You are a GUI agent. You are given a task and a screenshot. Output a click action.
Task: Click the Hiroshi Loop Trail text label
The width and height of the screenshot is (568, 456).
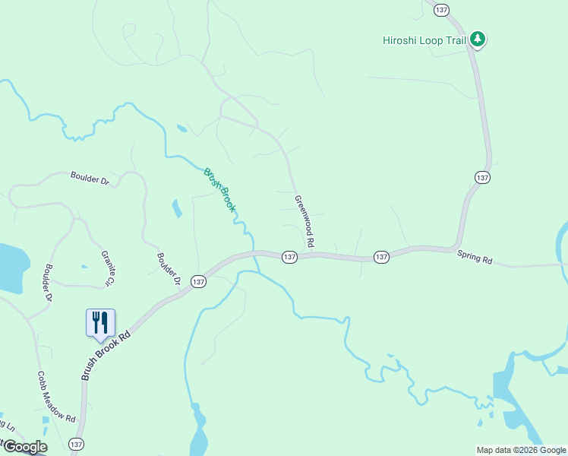(424, 40)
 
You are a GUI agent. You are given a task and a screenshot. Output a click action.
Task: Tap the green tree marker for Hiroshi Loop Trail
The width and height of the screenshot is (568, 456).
(477, 39)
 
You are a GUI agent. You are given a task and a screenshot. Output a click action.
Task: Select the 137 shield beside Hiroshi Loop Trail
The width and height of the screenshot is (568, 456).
(442, 9)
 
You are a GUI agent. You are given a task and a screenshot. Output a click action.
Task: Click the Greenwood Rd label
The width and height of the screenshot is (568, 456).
(305, 220)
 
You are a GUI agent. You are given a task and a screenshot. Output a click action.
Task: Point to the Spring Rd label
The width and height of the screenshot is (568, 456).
(475, 258)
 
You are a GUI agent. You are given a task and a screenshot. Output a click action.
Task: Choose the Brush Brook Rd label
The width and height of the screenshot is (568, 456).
(106, 356)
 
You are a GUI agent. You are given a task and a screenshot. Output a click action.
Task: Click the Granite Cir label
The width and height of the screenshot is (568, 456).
(110, 270)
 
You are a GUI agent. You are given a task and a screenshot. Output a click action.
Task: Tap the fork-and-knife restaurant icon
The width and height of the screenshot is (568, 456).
(100, 323)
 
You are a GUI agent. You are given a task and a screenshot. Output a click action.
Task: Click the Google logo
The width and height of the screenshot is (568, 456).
(24, 447)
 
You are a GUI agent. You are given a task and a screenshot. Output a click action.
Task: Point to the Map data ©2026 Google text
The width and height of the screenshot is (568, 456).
(522, 450)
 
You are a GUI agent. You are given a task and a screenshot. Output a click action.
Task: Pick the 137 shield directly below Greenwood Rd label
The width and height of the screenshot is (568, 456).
(289, 258)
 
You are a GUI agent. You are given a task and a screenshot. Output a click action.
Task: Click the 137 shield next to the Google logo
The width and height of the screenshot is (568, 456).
(76, 443)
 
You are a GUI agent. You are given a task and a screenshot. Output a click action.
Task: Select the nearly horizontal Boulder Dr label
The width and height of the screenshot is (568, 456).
(90, 181)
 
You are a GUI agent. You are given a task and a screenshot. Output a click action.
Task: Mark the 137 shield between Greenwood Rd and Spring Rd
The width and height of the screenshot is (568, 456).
(381, 258)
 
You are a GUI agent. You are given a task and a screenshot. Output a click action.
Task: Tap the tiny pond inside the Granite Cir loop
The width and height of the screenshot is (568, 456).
(84, 267)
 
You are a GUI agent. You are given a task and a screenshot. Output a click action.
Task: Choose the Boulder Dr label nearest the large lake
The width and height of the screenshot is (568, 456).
(47, 283)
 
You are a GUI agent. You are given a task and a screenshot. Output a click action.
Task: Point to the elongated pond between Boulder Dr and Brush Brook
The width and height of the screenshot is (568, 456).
(177, 208)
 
